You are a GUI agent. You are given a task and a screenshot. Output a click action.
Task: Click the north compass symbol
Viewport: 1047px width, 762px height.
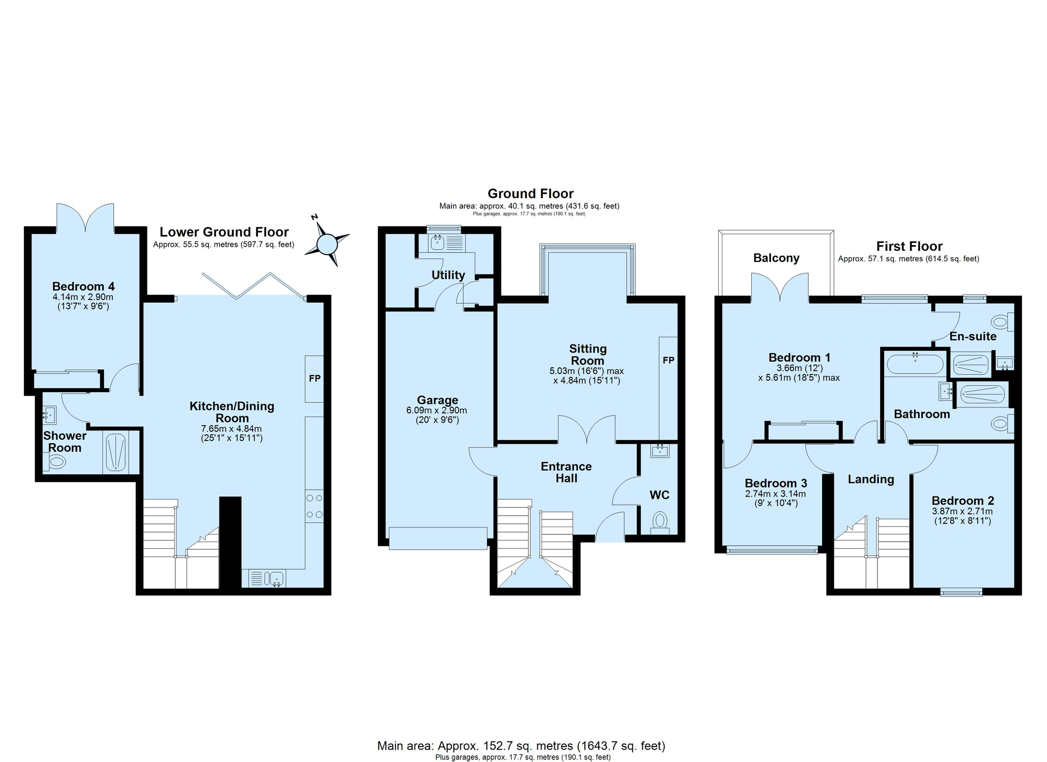pyautogui.click(x=327, y=243)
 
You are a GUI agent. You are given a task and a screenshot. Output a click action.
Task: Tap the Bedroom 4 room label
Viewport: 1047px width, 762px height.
pyautogui.click(x=83, y=287)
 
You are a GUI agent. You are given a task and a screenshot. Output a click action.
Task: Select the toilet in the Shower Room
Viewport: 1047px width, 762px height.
pyautogui.click(x=55, y=461)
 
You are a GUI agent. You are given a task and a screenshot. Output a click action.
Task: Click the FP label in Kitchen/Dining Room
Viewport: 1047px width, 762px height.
pyautogui.click(x=314, y=379)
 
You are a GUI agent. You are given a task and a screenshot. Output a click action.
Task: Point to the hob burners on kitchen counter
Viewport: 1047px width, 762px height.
pyautogui.click(x=314, y=506)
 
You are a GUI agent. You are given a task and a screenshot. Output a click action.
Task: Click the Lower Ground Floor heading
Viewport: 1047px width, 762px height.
pyautogui.click(x=224, y=232)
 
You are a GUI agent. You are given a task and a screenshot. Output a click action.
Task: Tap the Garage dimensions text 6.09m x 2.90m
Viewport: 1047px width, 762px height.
pyautogui.click(x=437, y=411)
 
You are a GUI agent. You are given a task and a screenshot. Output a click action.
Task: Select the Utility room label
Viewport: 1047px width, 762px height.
pyautogui.click(x=448, y=275)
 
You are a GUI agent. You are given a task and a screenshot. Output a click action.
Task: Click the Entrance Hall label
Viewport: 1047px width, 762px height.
pyautogui.click(x=566, y=472)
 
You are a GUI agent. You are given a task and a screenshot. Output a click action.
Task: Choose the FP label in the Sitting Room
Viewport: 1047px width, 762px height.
pyautogui.click(x=668, y=360)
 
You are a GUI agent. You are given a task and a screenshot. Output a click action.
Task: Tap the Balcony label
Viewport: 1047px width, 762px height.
pyautogui.click(x=776, y=258)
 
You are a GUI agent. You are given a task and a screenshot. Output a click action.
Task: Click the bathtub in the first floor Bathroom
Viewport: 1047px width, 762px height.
pyautogui.click(x=915, y=364)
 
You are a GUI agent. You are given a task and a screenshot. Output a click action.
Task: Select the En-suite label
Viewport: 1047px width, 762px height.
pyautogui.click(x=973, y=337)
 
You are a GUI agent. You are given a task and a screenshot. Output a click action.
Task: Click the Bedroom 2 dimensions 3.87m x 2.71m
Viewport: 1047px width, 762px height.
pyautogui.click(x=962, y=512)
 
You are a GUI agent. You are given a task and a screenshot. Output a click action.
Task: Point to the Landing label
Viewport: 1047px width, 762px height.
pyautogui.click(x=871, y=480)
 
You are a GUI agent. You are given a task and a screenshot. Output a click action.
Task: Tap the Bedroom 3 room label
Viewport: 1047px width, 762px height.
pyautogui.click(x=775, y=483)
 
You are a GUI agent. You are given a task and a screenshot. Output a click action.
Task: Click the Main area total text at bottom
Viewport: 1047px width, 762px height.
pyautogui.click(x=521, y=746)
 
